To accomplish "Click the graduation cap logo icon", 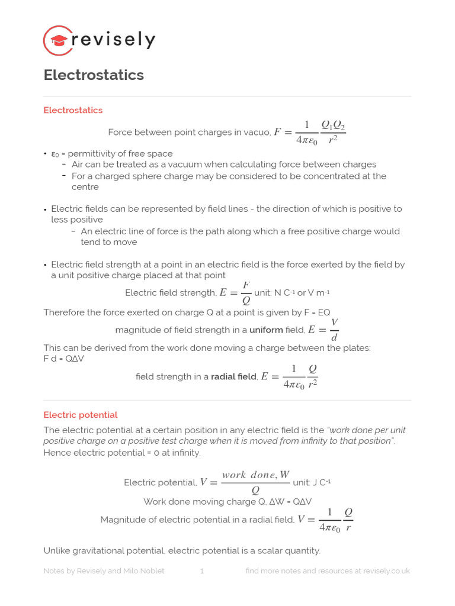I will click(59, 40).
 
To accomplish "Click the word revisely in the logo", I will click(113, 40).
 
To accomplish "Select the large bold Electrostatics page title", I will click(94, 75).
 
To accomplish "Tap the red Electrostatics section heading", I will click(73, 110).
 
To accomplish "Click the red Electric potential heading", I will click(81, 415).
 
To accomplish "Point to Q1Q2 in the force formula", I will click(333, 125).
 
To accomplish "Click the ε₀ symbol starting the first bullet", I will click(55, 154).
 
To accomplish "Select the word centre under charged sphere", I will click(85, 187).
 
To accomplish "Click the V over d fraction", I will click(334, 330).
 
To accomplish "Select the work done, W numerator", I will click(255, 475).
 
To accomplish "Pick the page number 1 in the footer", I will click(202, 571).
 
